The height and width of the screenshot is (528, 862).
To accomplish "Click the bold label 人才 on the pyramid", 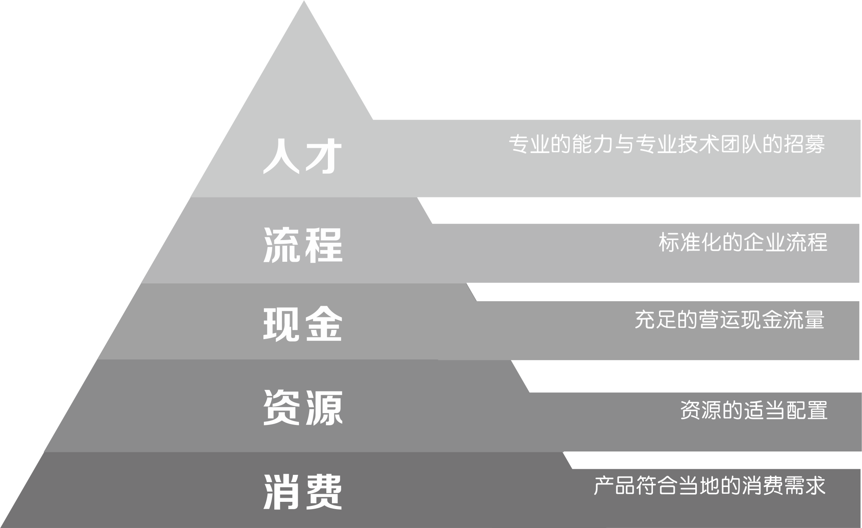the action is tap(303, 157).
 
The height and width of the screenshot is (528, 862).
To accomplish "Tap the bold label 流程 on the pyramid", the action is tap(303, 244).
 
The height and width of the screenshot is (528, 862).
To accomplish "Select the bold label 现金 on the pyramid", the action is tap(303, 324).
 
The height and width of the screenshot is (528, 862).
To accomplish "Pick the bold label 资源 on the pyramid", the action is tap(303, 408).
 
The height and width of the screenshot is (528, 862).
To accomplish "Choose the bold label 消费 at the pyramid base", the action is tap(303, 492).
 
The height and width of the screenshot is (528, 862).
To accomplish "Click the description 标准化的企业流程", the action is tap(743, 242).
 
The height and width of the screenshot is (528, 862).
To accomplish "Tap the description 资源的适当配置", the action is tap(754, 410).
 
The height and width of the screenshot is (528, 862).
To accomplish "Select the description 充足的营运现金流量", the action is tap(729, 320).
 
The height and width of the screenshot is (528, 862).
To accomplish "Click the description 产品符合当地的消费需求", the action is tap(709, 485).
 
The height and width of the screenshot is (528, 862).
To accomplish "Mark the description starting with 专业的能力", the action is tap(667, 144).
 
